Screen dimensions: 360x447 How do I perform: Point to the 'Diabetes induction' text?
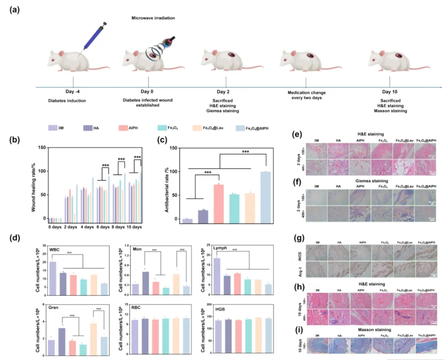coord(74,100)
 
